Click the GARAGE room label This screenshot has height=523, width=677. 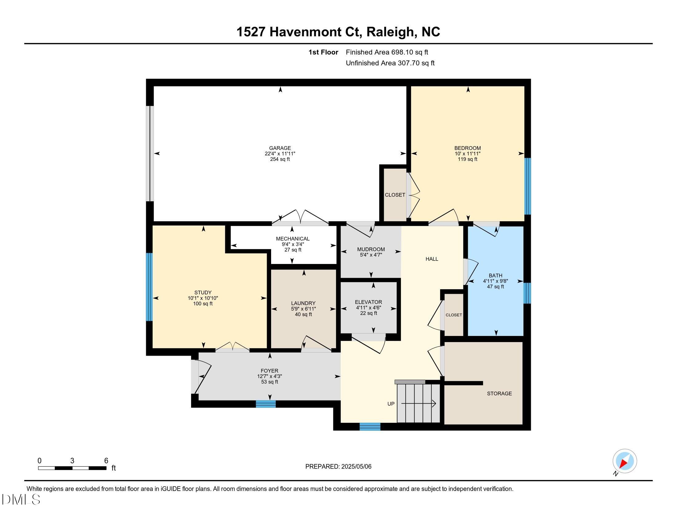pyautogui.click(x=280, y=148)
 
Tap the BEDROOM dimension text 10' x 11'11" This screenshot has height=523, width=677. pyautogui.click(x=467, y=154)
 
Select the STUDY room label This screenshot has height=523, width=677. pyautogui.click(x=203, y=293)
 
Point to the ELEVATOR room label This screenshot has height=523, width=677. pyautogui.click(x=368, y=302)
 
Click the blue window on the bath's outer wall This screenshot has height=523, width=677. pyautogui.click(x=527, y=293)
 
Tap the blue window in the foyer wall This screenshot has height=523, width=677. pyautogui.click(x=266, y=404)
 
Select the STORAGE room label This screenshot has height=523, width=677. pyautogui.click(x=499, y=393)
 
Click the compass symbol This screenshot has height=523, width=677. pyautogui.click(x=624, y=461)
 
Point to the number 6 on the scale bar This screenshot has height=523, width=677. pyautogui.click(x=106, y=461)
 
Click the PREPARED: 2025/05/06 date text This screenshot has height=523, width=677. pyautogui.click(x=338, y=466)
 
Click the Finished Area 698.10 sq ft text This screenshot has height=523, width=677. pyautogui.click(x=387, y=52)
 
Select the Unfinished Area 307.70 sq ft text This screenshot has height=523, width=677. pyautogui.click(x=390, y=63)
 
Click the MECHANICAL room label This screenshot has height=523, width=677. pyautogui.click(x=293, y=238)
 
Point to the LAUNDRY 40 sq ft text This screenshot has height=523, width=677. pyautogui.click(x=303, y=314)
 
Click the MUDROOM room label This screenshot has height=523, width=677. pyautogui.click(x=371, y=249)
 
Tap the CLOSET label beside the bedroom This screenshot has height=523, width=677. pyautogui.click(x=395, y=195)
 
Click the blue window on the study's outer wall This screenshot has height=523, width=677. pyautogui.click(x=150, y=287)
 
